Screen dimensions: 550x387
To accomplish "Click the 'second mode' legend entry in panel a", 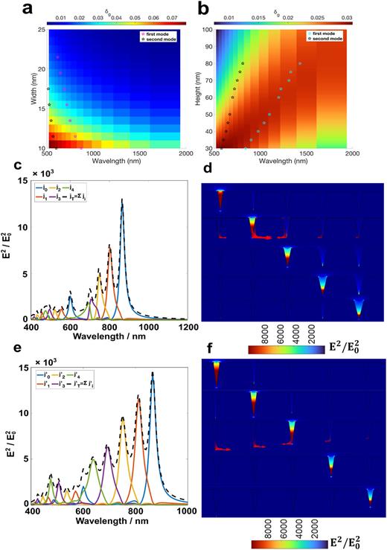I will [x=162, y=40].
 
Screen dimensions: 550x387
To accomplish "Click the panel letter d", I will [x=205, y=173].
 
